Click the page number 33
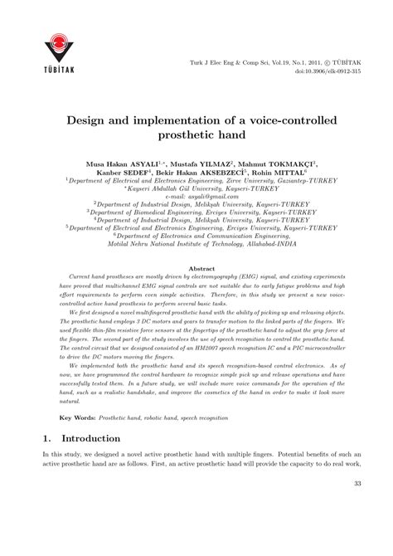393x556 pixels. pos(357,531)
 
